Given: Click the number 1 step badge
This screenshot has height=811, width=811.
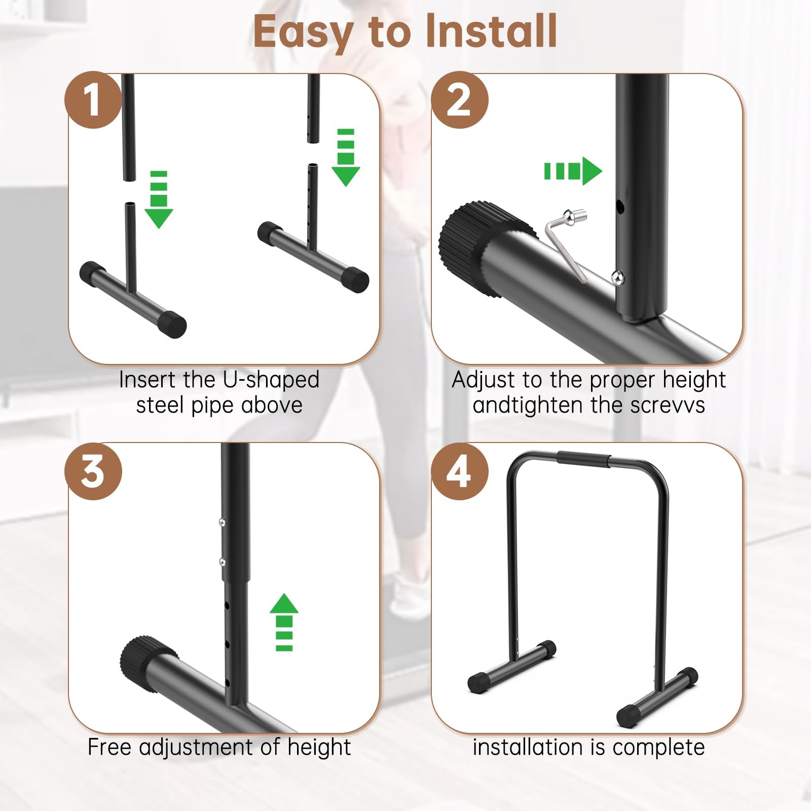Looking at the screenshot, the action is (x=93, y=100).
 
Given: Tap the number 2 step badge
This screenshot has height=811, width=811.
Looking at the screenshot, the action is (x=460, y=100).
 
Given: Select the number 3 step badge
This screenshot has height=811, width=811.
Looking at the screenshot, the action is (x=93, y=471).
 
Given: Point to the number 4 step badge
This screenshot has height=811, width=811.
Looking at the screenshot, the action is (x=460, y=471).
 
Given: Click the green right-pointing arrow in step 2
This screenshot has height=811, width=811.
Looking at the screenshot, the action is (x=573, y=171).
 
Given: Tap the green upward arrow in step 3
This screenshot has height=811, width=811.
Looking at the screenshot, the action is (x=284, y=622).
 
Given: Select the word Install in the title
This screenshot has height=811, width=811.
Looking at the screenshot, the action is (x=491, y=31).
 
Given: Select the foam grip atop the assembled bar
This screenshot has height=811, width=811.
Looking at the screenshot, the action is (x=584, y=458).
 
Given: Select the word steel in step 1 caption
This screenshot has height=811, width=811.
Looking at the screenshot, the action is (x=160, y=405).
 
